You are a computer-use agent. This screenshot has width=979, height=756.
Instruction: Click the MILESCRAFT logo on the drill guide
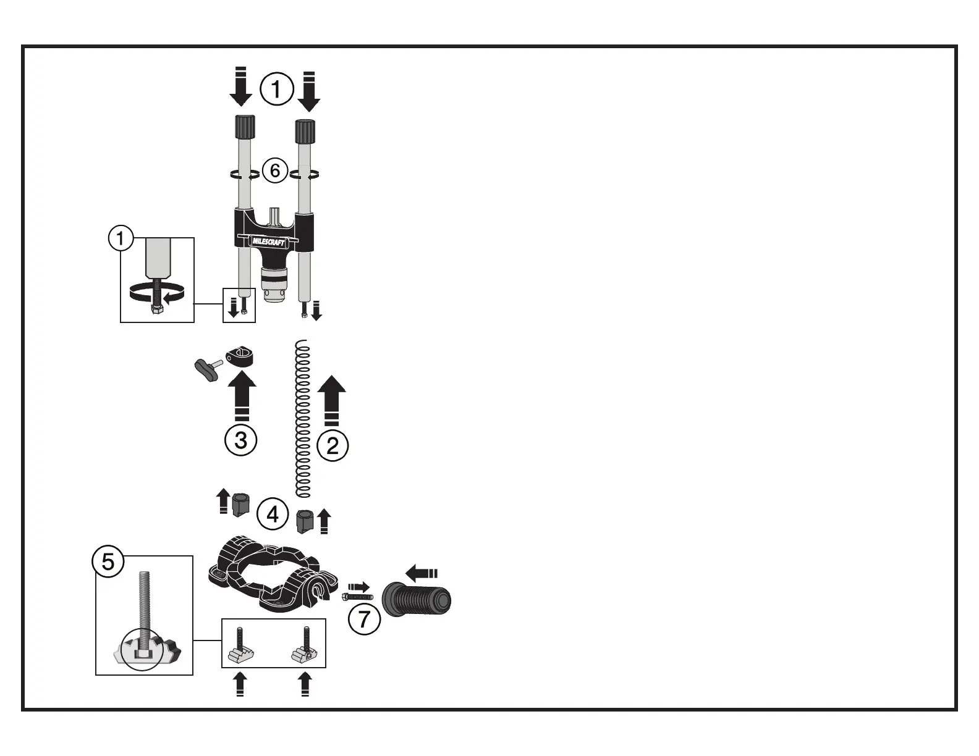(268, 241)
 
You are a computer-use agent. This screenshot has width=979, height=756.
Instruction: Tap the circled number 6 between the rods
(275, 170)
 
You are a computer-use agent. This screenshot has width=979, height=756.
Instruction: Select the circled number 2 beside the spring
(333, 445)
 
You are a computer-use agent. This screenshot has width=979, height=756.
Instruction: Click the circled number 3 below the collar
(241, 440)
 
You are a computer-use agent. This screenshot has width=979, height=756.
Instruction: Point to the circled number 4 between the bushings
(273, 514)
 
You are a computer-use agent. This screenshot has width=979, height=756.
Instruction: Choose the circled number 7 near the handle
(365, 618)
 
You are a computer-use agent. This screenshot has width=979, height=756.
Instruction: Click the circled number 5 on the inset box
(108, 562)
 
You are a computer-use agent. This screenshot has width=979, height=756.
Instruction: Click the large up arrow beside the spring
(332, 399)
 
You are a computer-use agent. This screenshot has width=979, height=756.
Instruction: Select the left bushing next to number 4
(240, 503)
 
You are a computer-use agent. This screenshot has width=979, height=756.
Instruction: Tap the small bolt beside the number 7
(357, 597)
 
